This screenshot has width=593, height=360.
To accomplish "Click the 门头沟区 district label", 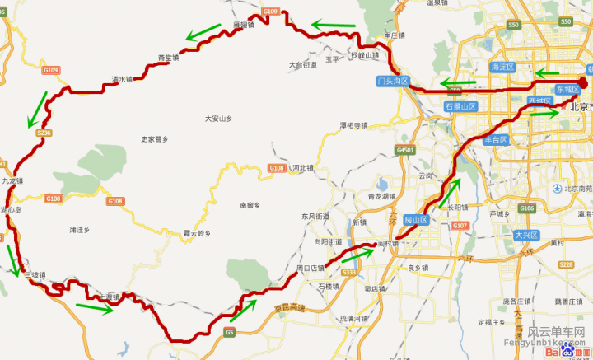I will point(392,81).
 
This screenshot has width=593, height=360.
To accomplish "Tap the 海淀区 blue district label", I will point(502,67).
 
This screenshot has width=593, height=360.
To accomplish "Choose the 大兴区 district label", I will point(524,235).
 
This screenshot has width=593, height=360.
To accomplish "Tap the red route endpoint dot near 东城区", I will point(582,82).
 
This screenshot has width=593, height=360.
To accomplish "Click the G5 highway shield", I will point(229,332).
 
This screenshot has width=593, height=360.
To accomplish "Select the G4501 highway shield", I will point(405,150).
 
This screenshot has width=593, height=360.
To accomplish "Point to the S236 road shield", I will point(44,133).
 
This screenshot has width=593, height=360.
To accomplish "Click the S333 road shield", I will point(348,272).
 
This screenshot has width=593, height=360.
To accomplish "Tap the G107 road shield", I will point(460,225).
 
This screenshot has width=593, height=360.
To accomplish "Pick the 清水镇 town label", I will point(122,80).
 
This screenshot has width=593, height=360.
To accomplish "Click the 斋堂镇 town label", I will point(168,58).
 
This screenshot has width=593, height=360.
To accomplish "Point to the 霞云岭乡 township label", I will point(198,233).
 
